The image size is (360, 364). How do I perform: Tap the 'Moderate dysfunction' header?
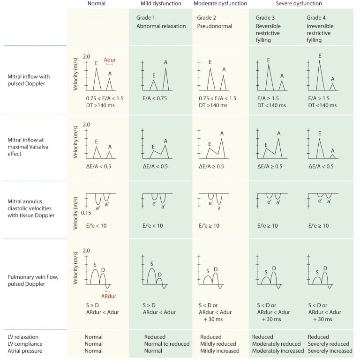(220, 4)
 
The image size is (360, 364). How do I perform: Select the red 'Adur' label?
(110, 60)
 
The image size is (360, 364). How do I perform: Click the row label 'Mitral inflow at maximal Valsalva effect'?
(29, 146)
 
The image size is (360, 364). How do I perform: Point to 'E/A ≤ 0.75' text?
(155, 98)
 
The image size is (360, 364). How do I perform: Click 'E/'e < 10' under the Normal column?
(97, 226)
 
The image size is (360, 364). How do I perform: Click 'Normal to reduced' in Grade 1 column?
(166, 344)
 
